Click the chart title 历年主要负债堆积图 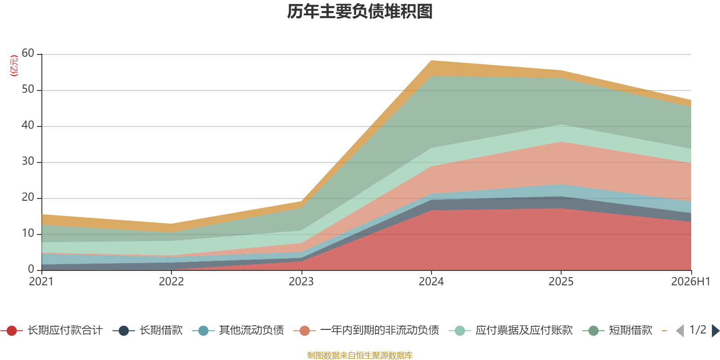pos(360,12)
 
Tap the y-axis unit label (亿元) pos(14,66)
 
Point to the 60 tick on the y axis pos(28,53)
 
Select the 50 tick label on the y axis pos(28,89)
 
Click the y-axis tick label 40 pos(28,125)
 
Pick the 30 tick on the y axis pos(28,161)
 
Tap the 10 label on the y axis pos(28,233)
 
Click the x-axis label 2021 pos(41,282)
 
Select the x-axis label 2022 pos(171,282)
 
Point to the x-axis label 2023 pos(301,282)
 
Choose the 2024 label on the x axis pos(431,282)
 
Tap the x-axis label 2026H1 pos(691,282)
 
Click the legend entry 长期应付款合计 pos(52,330)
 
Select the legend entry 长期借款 pos(148,330)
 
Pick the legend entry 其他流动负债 pos(238,330)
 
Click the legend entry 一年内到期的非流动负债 pos(366,330)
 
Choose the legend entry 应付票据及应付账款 pos(511,330)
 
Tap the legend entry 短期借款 pos(617,330)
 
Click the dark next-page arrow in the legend pos(715,331)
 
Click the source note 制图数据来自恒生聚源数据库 pos(360,355)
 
